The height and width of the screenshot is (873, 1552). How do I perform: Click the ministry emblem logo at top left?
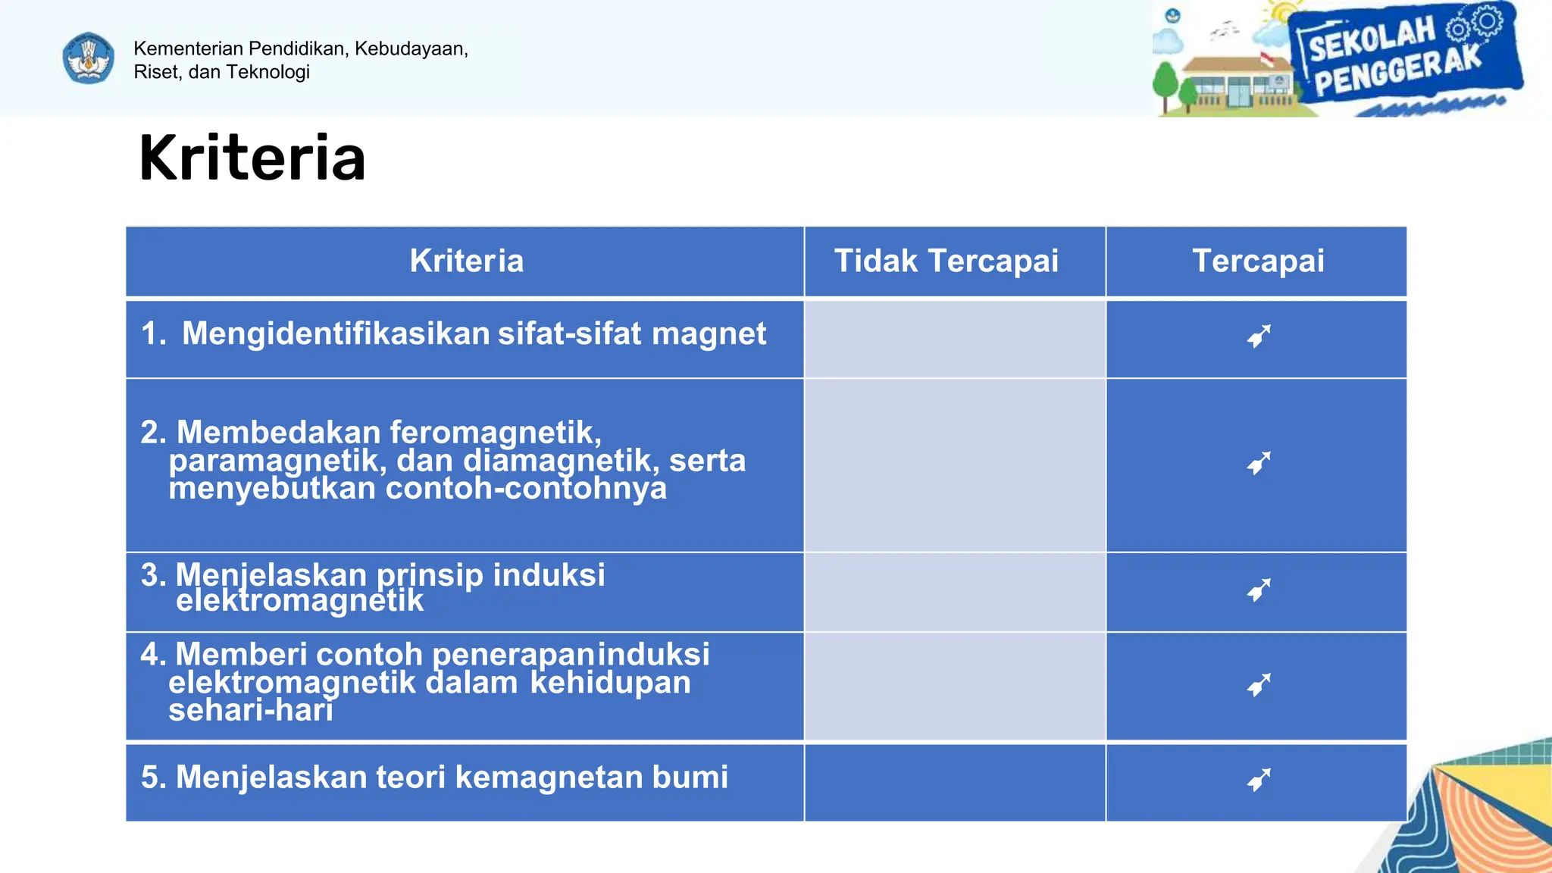pos(89,58)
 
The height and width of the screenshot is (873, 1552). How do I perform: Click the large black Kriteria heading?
pos(252,158)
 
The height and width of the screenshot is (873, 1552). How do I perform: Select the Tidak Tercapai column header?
pos(946,261)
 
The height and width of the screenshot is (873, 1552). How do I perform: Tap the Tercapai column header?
pos(1257,261)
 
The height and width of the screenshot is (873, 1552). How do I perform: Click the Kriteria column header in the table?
pos(466,261)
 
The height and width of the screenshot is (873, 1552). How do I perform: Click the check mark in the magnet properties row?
pos(1258,336)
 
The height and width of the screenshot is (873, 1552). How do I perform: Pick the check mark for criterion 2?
pos(1258,463)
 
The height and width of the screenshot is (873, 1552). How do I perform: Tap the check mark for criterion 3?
pos(1258,590)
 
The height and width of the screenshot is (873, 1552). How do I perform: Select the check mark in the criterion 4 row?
pos(1258,685)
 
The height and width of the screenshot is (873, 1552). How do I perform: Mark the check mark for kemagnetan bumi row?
pos(1258,780)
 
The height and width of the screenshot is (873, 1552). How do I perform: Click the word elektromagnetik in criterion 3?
pos(299,601)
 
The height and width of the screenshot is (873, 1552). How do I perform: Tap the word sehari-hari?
pos(250,711)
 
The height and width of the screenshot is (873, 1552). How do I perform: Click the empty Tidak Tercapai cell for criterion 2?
pos(954,465)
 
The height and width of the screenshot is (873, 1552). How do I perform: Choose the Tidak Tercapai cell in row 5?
pos(954,782)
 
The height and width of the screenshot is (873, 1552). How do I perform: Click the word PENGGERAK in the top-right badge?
pos(1397,72)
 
